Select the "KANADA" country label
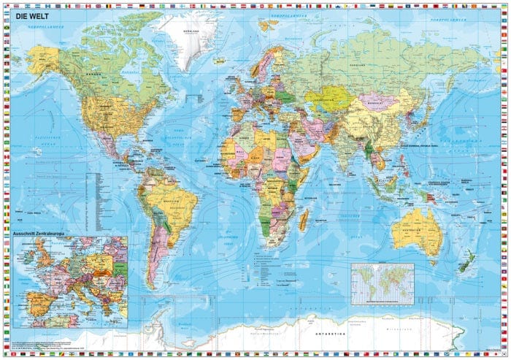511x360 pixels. click(x=94, y=74)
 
